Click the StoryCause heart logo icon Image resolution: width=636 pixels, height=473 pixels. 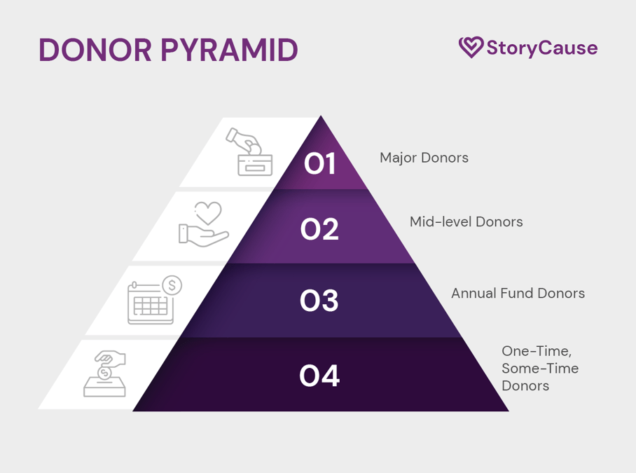pyautogui.click(x=471, y=48)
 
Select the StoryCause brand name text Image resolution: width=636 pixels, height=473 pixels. pyautogui.click(x=541, y=48)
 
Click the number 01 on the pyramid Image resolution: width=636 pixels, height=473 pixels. pyautogui.click(x=320, y=165)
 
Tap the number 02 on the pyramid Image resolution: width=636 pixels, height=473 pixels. pyautogui.click(x=320, y=229)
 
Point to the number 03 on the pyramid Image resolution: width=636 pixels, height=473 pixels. pyautogui.click(x=320, y=301)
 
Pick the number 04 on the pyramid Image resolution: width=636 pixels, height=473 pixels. pyautogui.click(x=320, y=377)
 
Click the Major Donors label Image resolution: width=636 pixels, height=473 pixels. pyautogui.click(x=424, y=158)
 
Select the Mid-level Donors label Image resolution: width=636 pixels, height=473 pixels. pyautogui.click(x=466, y=222)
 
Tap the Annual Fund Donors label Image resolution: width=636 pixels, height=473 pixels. pyautogui.click(x=518, y=293)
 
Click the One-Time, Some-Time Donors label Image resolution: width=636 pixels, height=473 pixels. pyautogui.click(x=540, y=368)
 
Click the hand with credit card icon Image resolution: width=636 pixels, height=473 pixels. pyautogui.click(x=249, y=152)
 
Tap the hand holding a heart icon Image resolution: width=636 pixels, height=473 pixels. pyautogui.click(x=204, y=224)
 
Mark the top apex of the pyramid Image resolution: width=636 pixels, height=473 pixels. pyautogui.click(x=321, y=117)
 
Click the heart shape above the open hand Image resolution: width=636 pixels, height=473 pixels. pyautogui.click(x=208, y=212)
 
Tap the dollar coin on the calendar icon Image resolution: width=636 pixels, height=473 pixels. pyautogui.click(x=171, y=285)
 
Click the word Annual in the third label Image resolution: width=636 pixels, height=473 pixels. pyautogui.click(x=472, y=293)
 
